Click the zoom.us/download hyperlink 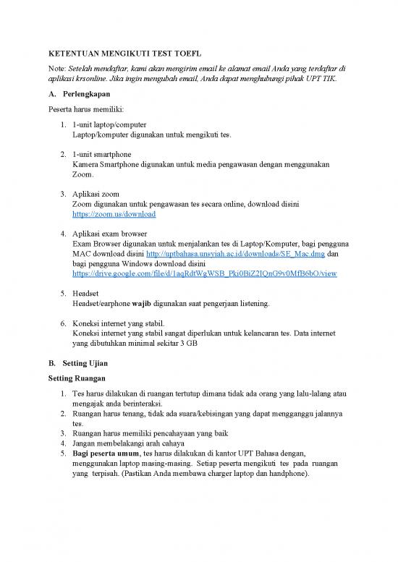click(x=114, y=215)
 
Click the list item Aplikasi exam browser click(x=110, y=234)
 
